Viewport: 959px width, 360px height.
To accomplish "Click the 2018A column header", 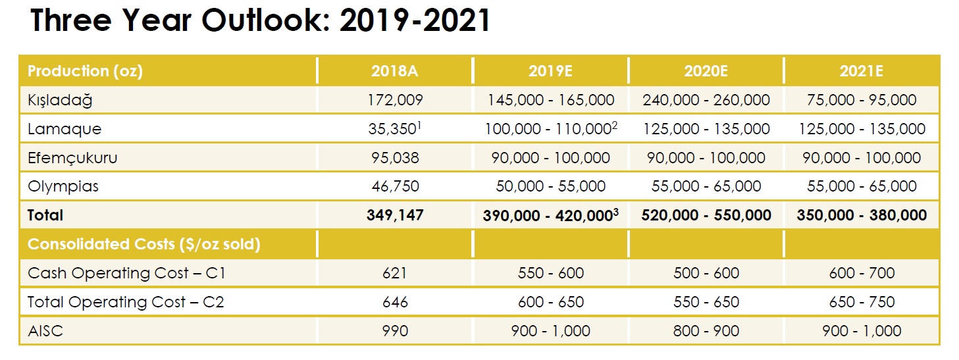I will pyautogui.click(x=394, y=71).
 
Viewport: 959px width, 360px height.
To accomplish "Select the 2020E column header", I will pyautogui.click(x=706, y=71).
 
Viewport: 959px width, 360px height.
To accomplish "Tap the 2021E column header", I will pyautogui.click(x=861, y=71).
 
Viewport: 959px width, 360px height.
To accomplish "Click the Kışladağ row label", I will pyautogui.click(x=61, y=100).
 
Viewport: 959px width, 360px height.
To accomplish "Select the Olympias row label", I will pyautogui.click(x=63, y=186).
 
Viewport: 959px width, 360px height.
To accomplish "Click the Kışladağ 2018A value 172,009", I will pyautogui.click(x=394, y=100).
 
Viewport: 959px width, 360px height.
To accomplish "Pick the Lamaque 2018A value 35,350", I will pyautogui.click(x=392, y=129).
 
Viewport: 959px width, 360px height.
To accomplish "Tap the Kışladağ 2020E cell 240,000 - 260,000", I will pyautogui.click(x=706, y=100).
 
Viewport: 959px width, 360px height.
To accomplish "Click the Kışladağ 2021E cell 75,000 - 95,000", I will pyautogui.click(x=861, y=100).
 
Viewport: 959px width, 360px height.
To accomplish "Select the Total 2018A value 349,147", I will pyautogui.click(x=394, y=215).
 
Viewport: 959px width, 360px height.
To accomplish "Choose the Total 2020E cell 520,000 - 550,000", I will pyautogui.click(x=706, y=215).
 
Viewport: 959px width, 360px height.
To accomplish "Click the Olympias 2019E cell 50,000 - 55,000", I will pyautogui.click(x=550, y=186).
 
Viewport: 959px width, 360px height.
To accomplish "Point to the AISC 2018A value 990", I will pyautogui.click(x=394, y=331).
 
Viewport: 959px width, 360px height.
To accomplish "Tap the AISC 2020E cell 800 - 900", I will pyautogui.click(x=706, y=331).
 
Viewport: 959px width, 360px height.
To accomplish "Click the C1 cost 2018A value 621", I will pyautogui.click(x=394, y=273).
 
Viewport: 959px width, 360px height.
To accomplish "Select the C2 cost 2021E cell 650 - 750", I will pyautogui.click(x=861, y=302).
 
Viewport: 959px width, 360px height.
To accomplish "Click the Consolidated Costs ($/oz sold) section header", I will pyautogui.click(x=143, y=244).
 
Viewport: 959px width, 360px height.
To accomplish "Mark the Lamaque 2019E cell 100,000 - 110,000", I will pyautogui.click(x=550, y=129).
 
